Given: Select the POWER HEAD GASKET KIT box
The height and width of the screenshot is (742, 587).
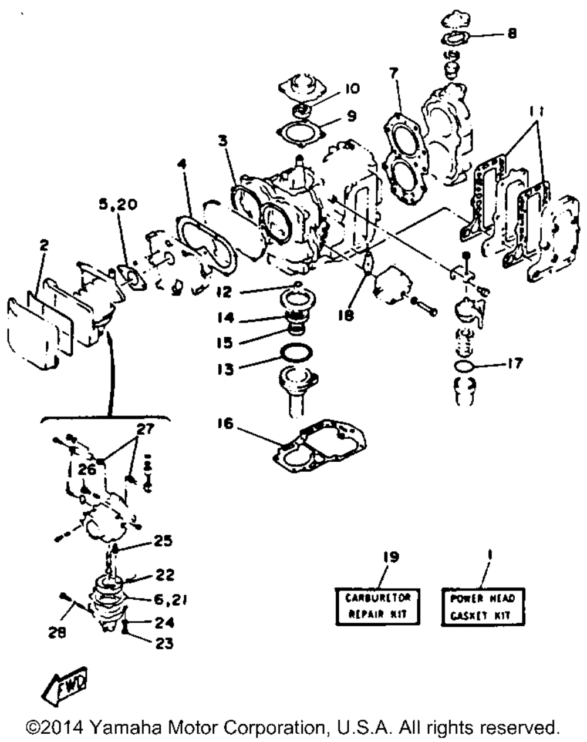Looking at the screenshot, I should click(x=482, y=606).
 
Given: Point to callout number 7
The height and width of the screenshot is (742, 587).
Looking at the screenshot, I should click(x=393, y=73).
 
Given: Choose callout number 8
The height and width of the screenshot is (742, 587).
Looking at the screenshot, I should click(x=512, y=34).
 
